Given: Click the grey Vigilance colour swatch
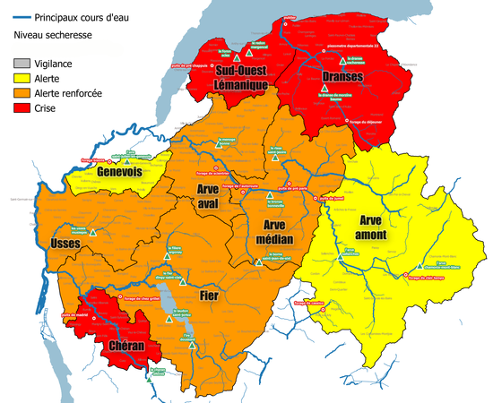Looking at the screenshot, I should click(x=21, y=64).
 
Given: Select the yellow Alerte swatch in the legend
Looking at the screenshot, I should click(x=21, y=78).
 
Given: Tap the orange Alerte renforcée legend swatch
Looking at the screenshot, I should click(x=21, y=92).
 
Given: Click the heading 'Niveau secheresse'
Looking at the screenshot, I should click(x=54, y=36).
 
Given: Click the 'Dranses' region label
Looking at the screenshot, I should click(x=342, y=77).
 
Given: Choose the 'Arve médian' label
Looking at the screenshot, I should click(x=278, y=231).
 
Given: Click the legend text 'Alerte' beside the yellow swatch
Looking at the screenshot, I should click(x=48, y=78).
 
